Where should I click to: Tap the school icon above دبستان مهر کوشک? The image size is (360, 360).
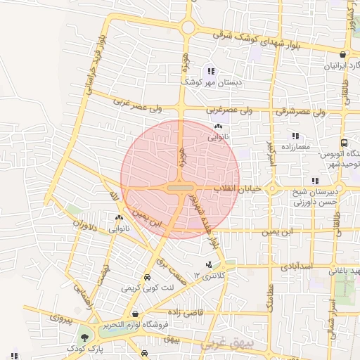tap(210, 70)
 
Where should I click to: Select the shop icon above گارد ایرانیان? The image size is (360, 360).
tap(342, 54)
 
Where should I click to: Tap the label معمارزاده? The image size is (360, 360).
tap(295, 147)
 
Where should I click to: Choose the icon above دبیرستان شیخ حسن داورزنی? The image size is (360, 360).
tap(314, 181)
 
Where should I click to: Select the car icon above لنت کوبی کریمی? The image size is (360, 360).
tap(146, 277)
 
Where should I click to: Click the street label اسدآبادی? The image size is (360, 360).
tap(288, 267)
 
